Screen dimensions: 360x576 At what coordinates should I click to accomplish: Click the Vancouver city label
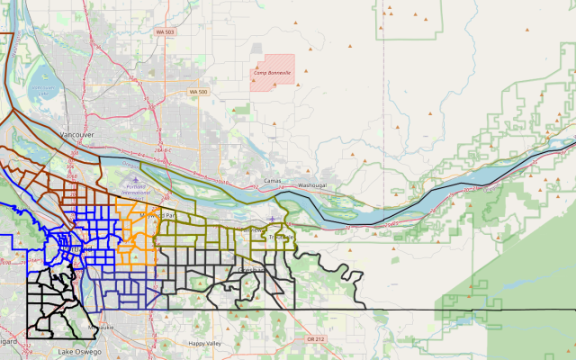(76, 134)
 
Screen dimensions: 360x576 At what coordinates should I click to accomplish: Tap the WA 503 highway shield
(165, 32)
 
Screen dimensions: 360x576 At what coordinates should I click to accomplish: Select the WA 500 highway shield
(198, 92)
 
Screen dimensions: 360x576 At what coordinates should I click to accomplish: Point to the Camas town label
(274, 181)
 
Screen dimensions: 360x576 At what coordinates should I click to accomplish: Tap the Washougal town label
(313, 184)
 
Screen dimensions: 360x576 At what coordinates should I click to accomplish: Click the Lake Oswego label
(76, 351)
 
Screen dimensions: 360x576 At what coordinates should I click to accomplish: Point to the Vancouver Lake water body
(41, 86)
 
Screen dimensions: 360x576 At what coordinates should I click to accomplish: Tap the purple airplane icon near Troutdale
(272, 219)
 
